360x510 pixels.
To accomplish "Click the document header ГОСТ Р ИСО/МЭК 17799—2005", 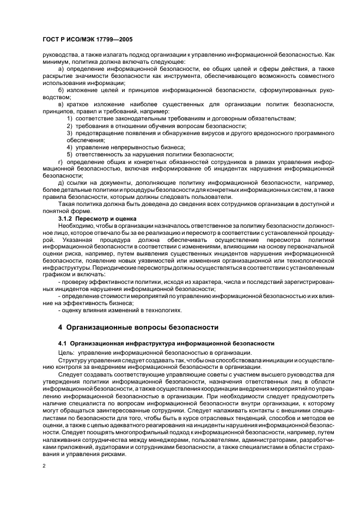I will (x=87, y=40).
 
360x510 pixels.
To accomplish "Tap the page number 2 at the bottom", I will (x=43, y=466).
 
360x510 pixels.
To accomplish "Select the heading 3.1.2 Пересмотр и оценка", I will (x=97, y=218).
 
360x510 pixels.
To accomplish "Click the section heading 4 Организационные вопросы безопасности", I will (x=138, y=327).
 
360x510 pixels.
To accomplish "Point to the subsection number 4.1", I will (x=62, y=343).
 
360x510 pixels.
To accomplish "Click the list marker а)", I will (x=61, y=69).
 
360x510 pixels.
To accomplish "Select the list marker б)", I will (x=61, y=90).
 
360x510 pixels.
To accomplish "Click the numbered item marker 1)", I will (x=70, y=118).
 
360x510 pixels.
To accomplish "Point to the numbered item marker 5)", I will (x=70, y=154).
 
